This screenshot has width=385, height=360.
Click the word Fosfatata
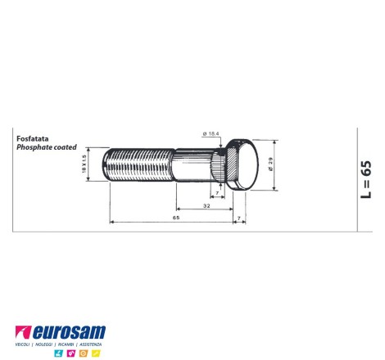33,138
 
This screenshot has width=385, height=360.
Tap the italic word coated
66,147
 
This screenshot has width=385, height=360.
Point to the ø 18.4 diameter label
211,133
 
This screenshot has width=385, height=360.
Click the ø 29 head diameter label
271,164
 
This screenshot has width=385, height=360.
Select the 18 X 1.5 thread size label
84,164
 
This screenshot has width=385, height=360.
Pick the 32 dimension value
206,205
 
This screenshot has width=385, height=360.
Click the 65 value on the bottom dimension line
176,218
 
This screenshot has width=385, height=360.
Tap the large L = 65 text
366,180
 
